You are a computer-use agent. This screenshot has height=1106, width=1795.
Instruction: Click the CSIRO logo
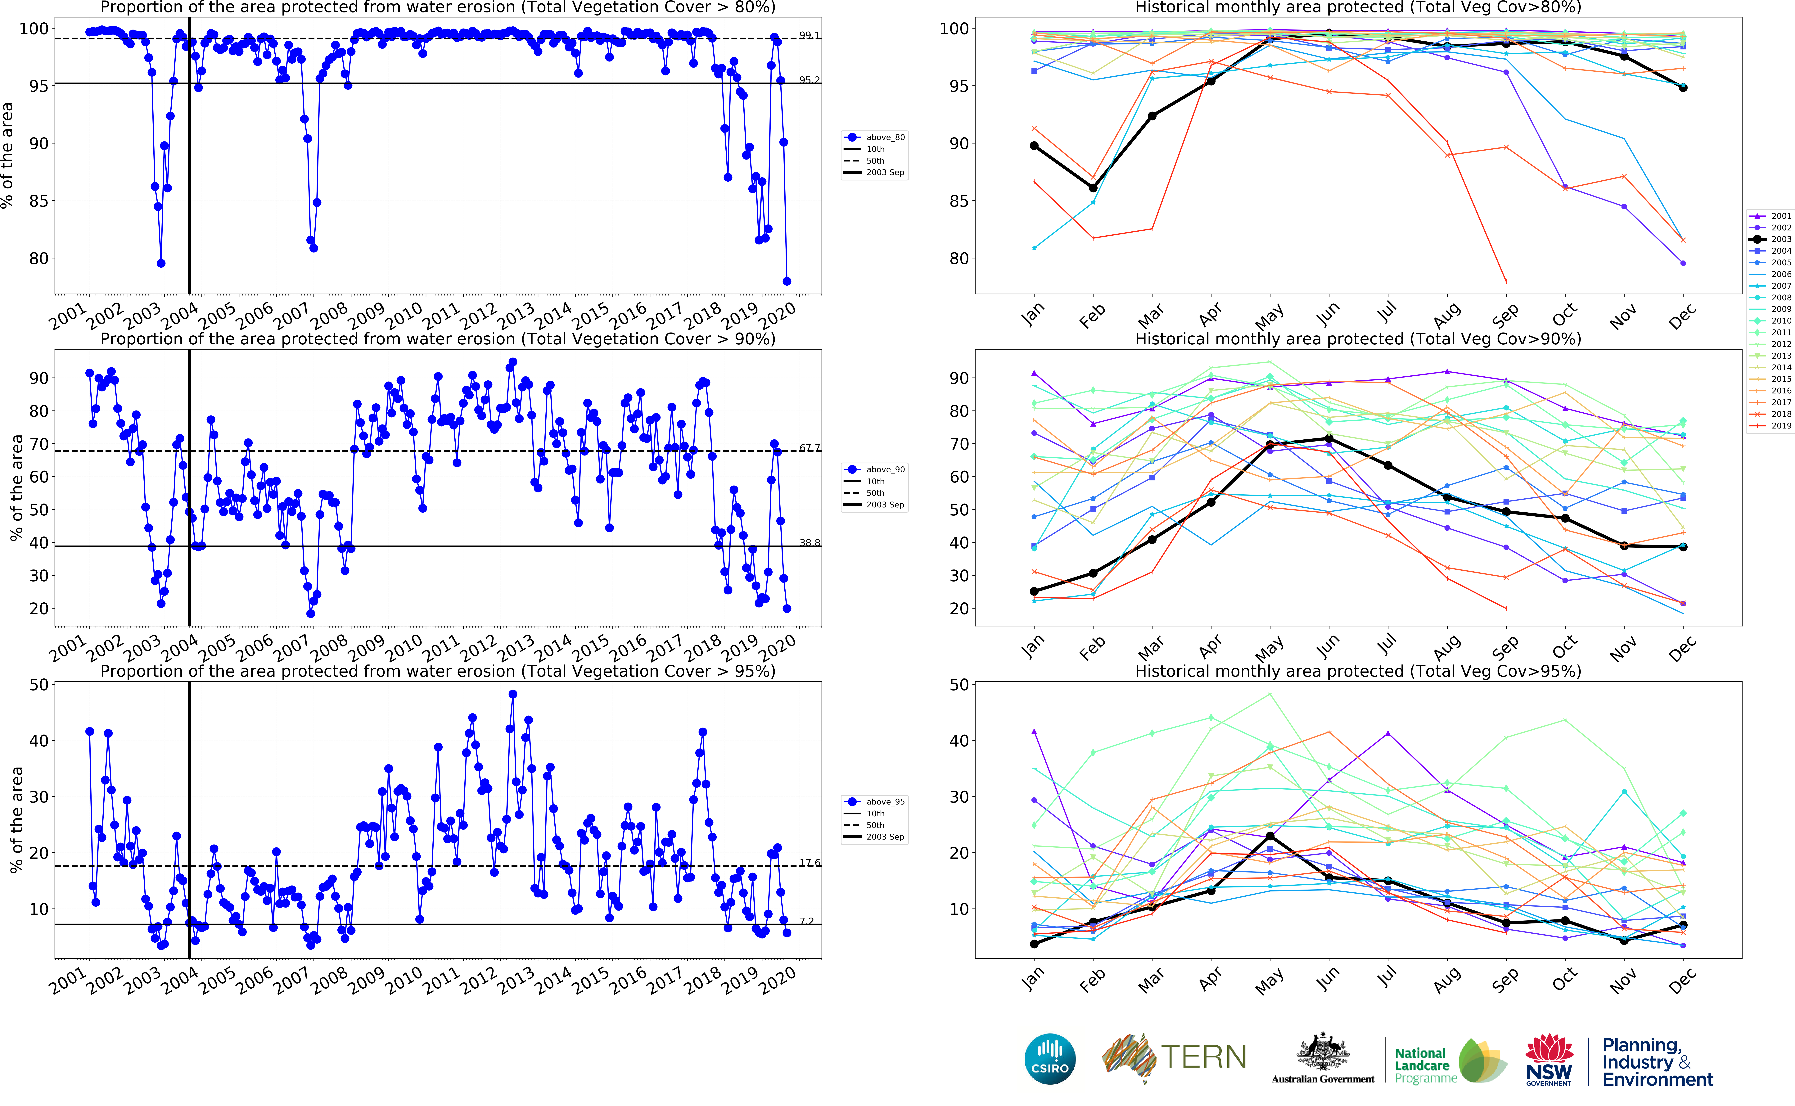(x=1050, y=1058)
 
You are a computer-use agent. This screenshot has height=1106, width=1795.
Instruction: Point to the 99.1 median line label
(x=809, y=35)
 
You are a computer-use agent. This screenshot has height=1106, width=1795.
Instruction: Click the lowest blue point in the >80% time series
(x=787, y=281)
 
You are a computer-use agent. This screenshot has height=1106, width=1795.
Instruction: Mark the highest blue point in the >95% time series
(x=512, y=694)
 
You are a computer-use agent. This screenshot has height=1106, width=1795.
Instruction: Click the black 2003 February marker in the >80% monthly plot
(x=1093, y=188)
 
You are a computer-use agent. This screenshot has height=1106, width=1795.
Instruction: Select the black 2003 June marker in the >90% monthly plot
(x=1329, y=439)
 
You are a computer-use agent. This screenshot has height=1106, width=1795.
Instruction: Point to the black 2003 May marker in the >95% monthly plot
(x=1270, y=836)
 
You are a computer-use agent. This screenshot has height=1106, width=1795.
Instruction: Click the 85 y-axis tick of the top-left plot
(x=38, y=201)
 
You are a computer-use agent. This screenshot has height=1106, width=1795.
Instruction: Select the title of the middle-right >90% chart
(x=1358, y=339)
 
